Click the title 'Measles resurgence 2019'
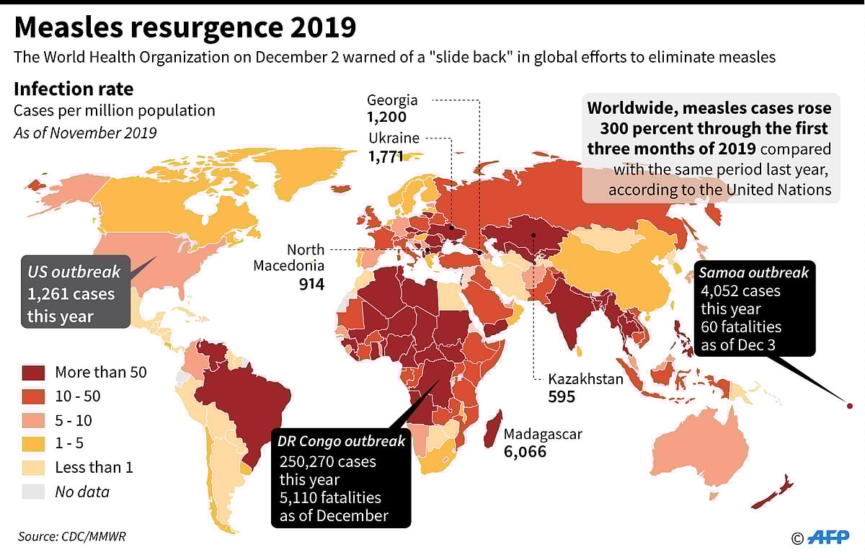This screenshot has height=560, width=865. pyautogui.click(x=185, y=27)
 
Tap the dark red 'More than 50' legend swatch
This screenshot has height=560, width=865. pyautogui.click(x=34, y=372)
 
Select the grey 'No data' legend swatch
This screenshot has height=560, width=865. pyautogui.click(x=34, y=492)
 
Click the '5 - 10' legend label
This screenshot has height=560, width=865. pyautogui.click(x=74, y=420)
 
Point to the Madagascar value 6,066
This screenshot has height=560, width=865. pyautogui.click(x=525, y=452)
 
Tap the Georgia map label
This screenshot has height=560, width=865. pyautogui.click(x=392, y=100)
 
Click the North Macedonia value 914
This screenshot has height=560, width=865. pyautogui.click(x=311, y=284)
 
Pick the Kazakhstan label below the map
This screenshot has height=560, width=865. pyautogui.click(x=585, y=378)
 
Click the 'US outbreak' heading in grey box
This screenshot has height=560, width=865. pyautogui.click(x=74, y=272)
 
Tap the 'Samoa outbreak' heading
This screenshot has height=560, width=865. pyautogui.click(x=754, y=272)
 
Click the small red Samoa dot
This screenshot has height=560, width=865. pyautogui.click(x=849, y=406)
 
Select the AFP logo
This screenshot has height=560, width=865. pyautogui.click(x=830, y=537)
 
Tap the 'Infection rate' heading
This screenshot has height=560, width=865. pyautogui.click(x=74, y=89)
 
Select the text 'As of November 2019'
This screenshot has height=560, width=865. pyautogui.click(x=85, y=133)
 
